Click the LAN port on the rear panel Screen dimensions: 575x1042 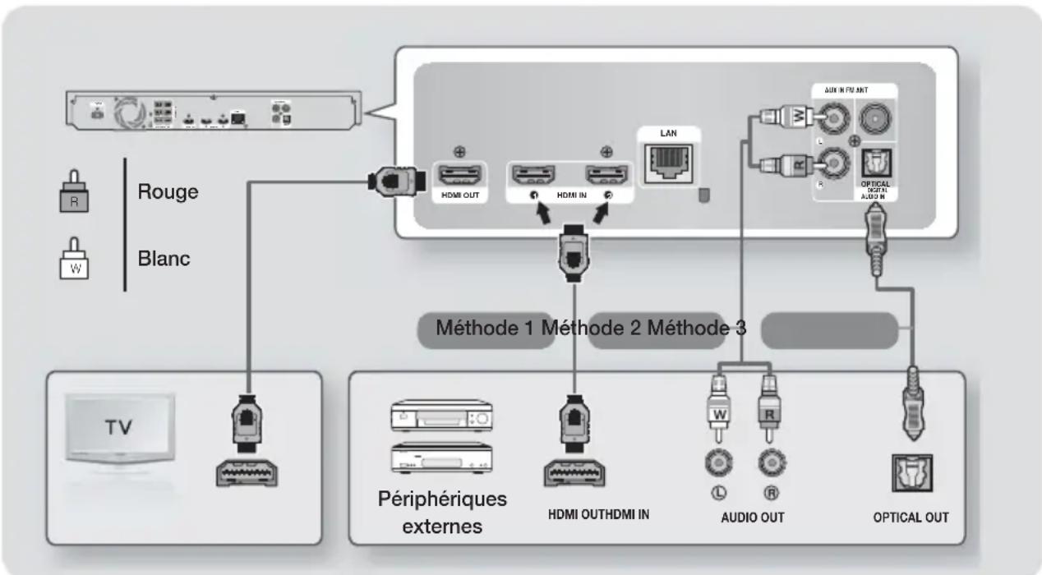(x=666, y=166)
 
